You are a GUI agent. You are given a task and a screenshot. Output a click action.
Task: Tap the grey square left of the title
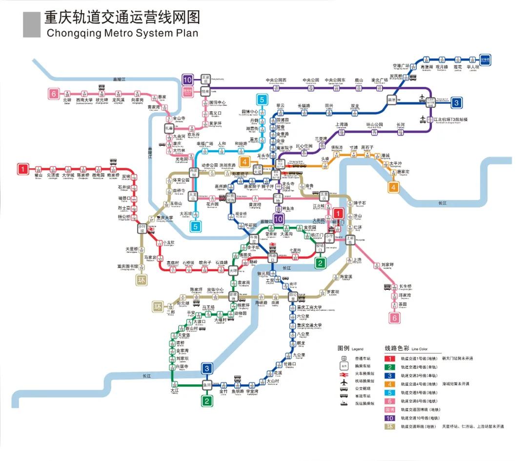32,25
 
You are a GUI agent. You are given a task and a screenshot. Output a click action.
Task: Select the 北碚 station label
67,100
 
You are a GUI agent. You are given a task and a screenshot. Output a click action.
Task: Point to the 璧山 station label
39,175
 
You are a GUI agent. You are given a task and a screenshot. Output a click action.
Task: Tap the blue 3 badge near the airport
456,102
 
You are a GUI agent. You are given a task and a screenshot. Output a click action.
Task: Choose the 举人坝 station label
472,67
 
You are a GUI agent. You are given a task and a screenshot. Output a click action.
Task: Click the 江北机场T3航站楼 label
452,120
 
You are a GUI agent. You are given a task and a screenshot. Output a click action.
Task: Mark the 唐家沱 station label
403,172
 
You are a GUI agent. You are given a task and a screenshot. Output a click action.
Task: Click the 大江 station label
175,390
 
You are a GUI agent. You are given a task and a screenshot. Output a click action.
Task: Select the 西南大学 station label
84,100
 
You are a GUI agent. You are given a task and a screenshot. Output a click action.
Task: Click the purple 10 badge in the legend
390,418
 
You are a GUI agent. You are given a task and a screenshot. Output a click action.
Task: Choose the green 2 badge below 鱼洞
207,401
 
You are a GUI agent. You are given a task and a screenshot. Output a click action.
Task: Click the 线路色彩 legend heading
397,348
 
